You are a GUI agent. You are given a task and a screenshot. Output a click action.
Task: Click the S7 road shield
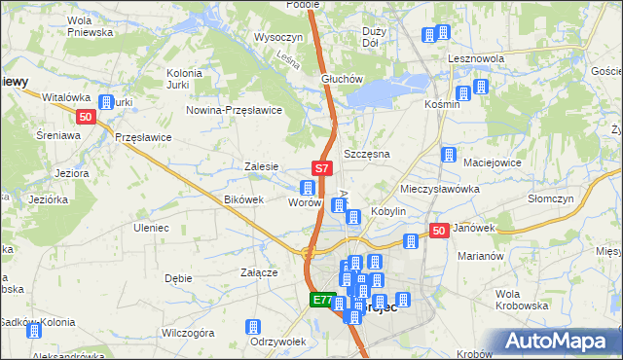pos(323,169)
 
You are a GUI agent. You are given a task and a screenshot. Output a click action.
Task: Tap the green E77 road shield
pos(323,301)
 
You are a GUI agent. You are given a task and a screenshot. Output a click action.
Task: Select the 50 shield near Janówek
pos(439,231)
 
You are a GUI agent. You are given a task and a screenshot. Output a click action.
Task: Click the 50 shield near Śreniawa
pos(87,118)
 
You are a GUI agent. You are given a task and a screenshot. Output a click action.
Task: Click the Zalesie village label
pos(262,166)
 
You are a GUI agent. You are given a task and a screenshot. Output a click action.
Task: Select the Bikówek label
pos(244,199)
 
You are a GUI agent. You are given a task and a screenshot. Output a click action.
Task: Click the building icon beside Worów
pos(308,188)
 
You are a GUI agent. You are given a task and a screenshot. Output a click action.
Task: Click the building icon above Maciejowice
pos(449,155)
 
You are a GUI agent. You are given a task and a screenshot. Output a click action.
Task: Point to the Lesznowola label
pos(476,58)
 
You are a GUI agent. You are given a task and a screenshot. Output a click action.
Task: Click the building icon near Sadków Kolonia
pos(35,330)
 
